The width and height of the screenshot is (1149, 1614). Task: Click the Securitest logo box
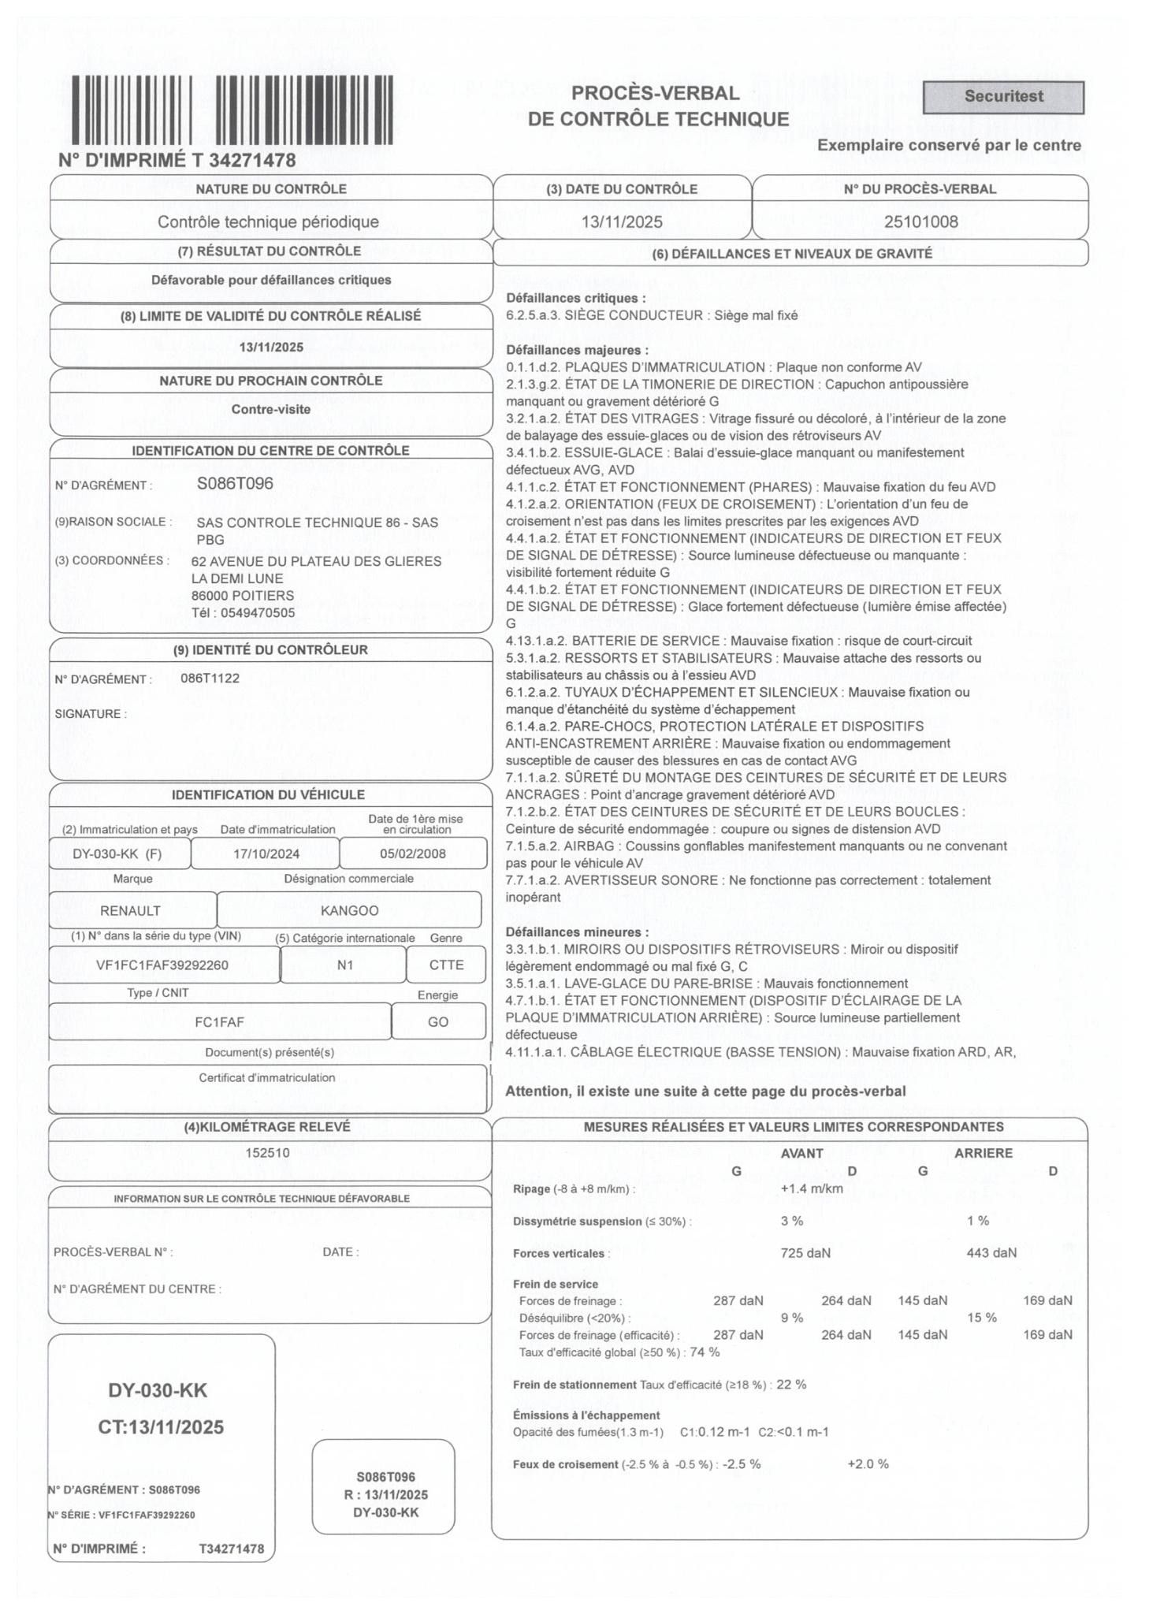1002,97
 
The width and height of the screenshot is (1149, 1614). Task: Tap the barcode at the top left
232,110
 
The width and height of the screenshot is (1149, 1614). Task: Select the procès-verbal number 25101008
920,221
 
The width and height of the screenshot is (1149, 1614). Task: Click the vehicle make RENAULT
130,910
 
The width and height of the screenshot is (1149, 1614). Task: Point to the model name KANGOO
349,910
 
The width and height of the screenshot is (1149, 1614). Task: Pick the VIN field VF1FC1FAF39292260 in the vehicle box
162,965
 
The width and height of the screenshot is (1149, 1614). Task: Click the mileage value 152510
267,1152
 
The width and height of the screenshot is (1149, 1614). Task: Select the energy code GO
437,1021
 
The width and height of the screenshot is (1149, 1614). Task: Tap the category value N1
344,965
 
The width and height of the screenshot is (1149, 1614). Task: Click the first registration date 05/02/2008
412,853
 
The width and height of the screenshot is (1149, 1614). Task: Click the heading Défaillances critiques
575,298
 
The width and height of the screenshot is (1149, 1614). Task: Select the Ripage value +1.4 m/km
811,1188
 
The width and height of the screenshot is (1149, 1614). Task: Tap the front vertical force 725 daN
805,1252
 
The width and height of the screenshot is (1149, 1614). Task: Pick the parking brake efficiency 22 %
791,1384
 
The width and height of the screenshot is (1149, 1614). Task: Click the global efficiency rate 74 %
705,1352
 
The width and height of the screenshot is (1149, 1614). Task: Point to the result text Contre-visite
270,409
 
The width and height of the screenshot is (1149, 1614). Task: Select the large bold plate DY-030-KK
158,1389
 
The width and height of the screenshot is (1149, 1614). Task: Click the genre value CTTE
446,965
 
